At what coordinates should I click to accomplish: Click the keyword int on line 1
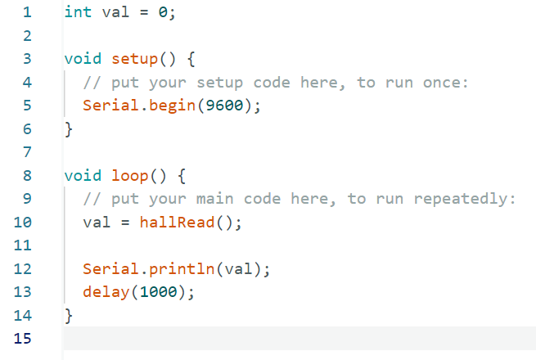click(x=78, y=12)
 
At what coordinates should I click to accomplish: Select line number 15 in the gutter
click(x=23, y=339)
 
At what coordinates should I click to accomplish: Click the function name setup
click(x=134, y=59)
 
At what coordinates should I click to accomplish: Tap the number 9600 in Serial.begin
click(x=224, y=106)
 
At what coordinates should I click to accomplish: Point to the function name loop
click(x=130, y=177)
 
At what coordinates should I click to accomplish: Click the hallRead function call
click(x=177, y=223)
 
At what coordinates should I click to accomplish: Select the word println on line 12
click(x=182, y=269)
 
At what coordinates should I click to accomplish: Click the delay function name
click(x=106, y=292)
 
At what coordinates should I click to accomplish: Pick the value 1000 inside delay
click(x=158, y=291)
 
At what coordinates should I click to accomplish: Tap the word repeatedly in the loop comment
click(x=461, y=200)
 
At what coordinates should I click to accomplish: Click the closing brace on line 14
click(x=69, y=316)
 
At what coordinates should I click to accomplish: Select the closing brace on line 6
click(x=69, y=129)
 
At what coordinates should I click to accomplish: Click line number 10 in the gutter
click(x=23, y=223)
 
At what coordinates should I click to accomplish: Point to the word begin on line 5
click(x=172, y=106)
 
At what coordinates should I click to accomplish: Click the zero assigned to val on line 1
click(x=163, y=12)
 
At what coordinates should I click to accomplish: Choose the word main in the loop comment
click(x=214, y=199)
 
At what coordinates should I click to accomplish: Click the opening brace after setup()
click(x=191, y=59)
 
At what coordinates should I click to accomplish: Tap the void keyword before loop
click(x=83, y=176)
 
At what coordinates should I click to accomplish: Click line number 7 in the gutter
click(x=27, y=152)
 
